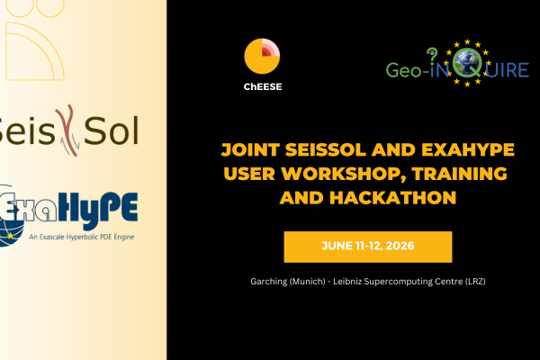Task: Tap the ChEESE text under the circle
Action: click(x=263, y=87)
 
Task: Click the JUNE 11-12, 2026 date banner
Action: click(x=368, y=246)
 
